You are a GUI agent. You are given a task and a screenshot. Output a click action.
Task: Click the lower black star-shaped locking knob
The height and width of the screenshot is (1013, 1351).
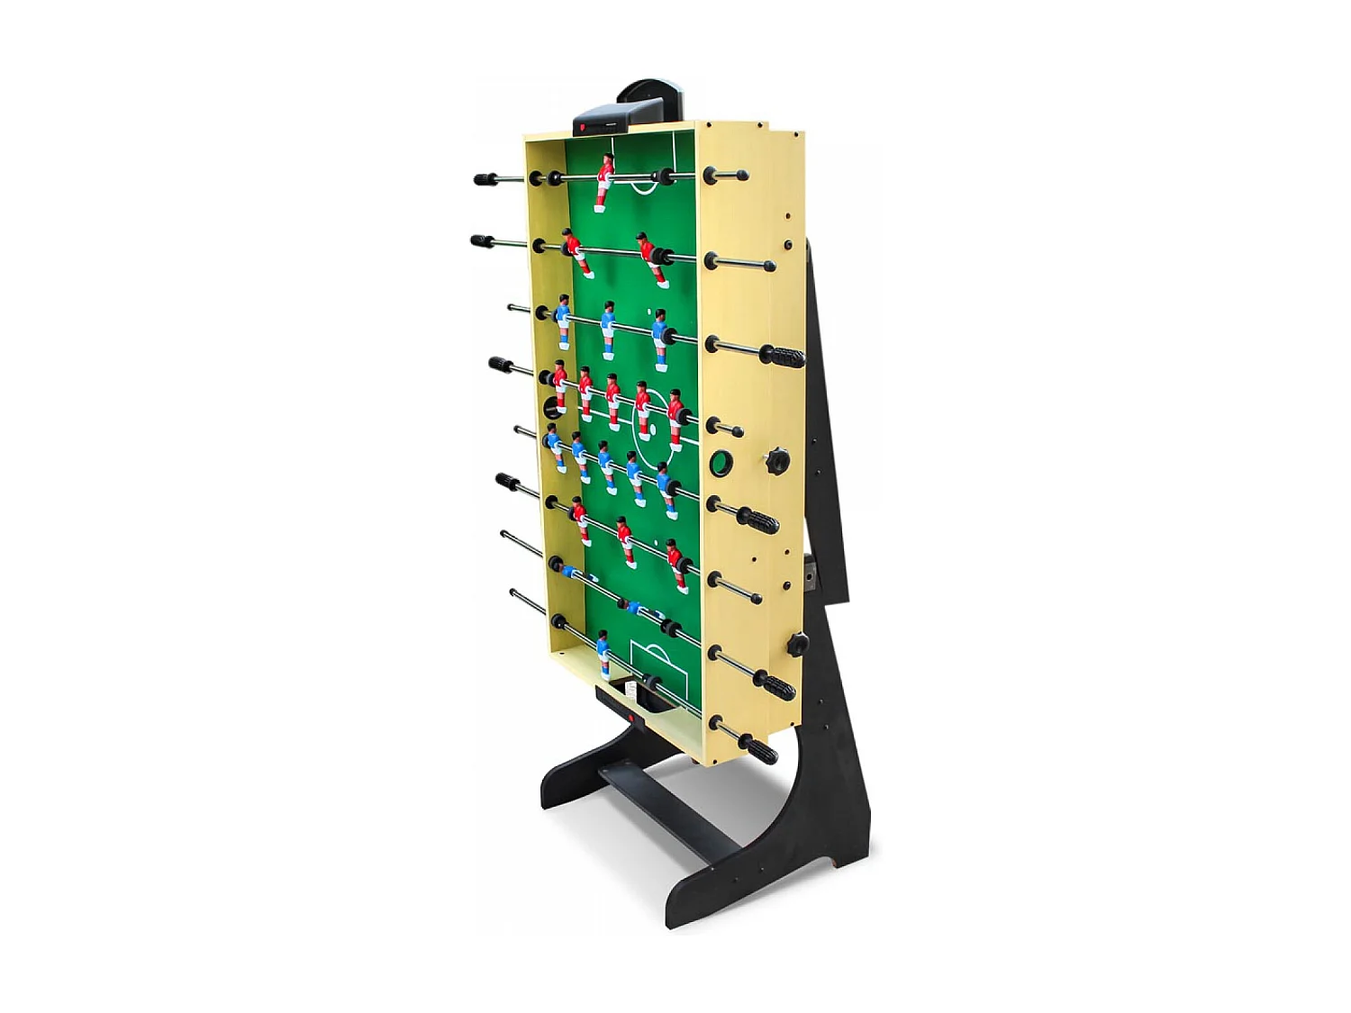click(x=797, y=645)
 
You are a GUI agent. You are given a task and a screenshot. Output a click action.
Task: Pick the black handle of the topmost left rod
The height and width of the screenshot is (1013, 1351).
click(x=486, y=179)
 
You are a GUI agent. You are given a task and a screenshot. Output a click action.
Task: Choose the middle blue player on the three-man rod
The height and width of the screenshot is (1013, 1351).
click(x=608, y=330)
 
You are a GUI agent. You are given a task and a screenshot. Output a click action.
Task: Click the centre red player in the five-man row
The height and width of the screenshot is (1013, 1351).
click(x=613, y=401)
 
